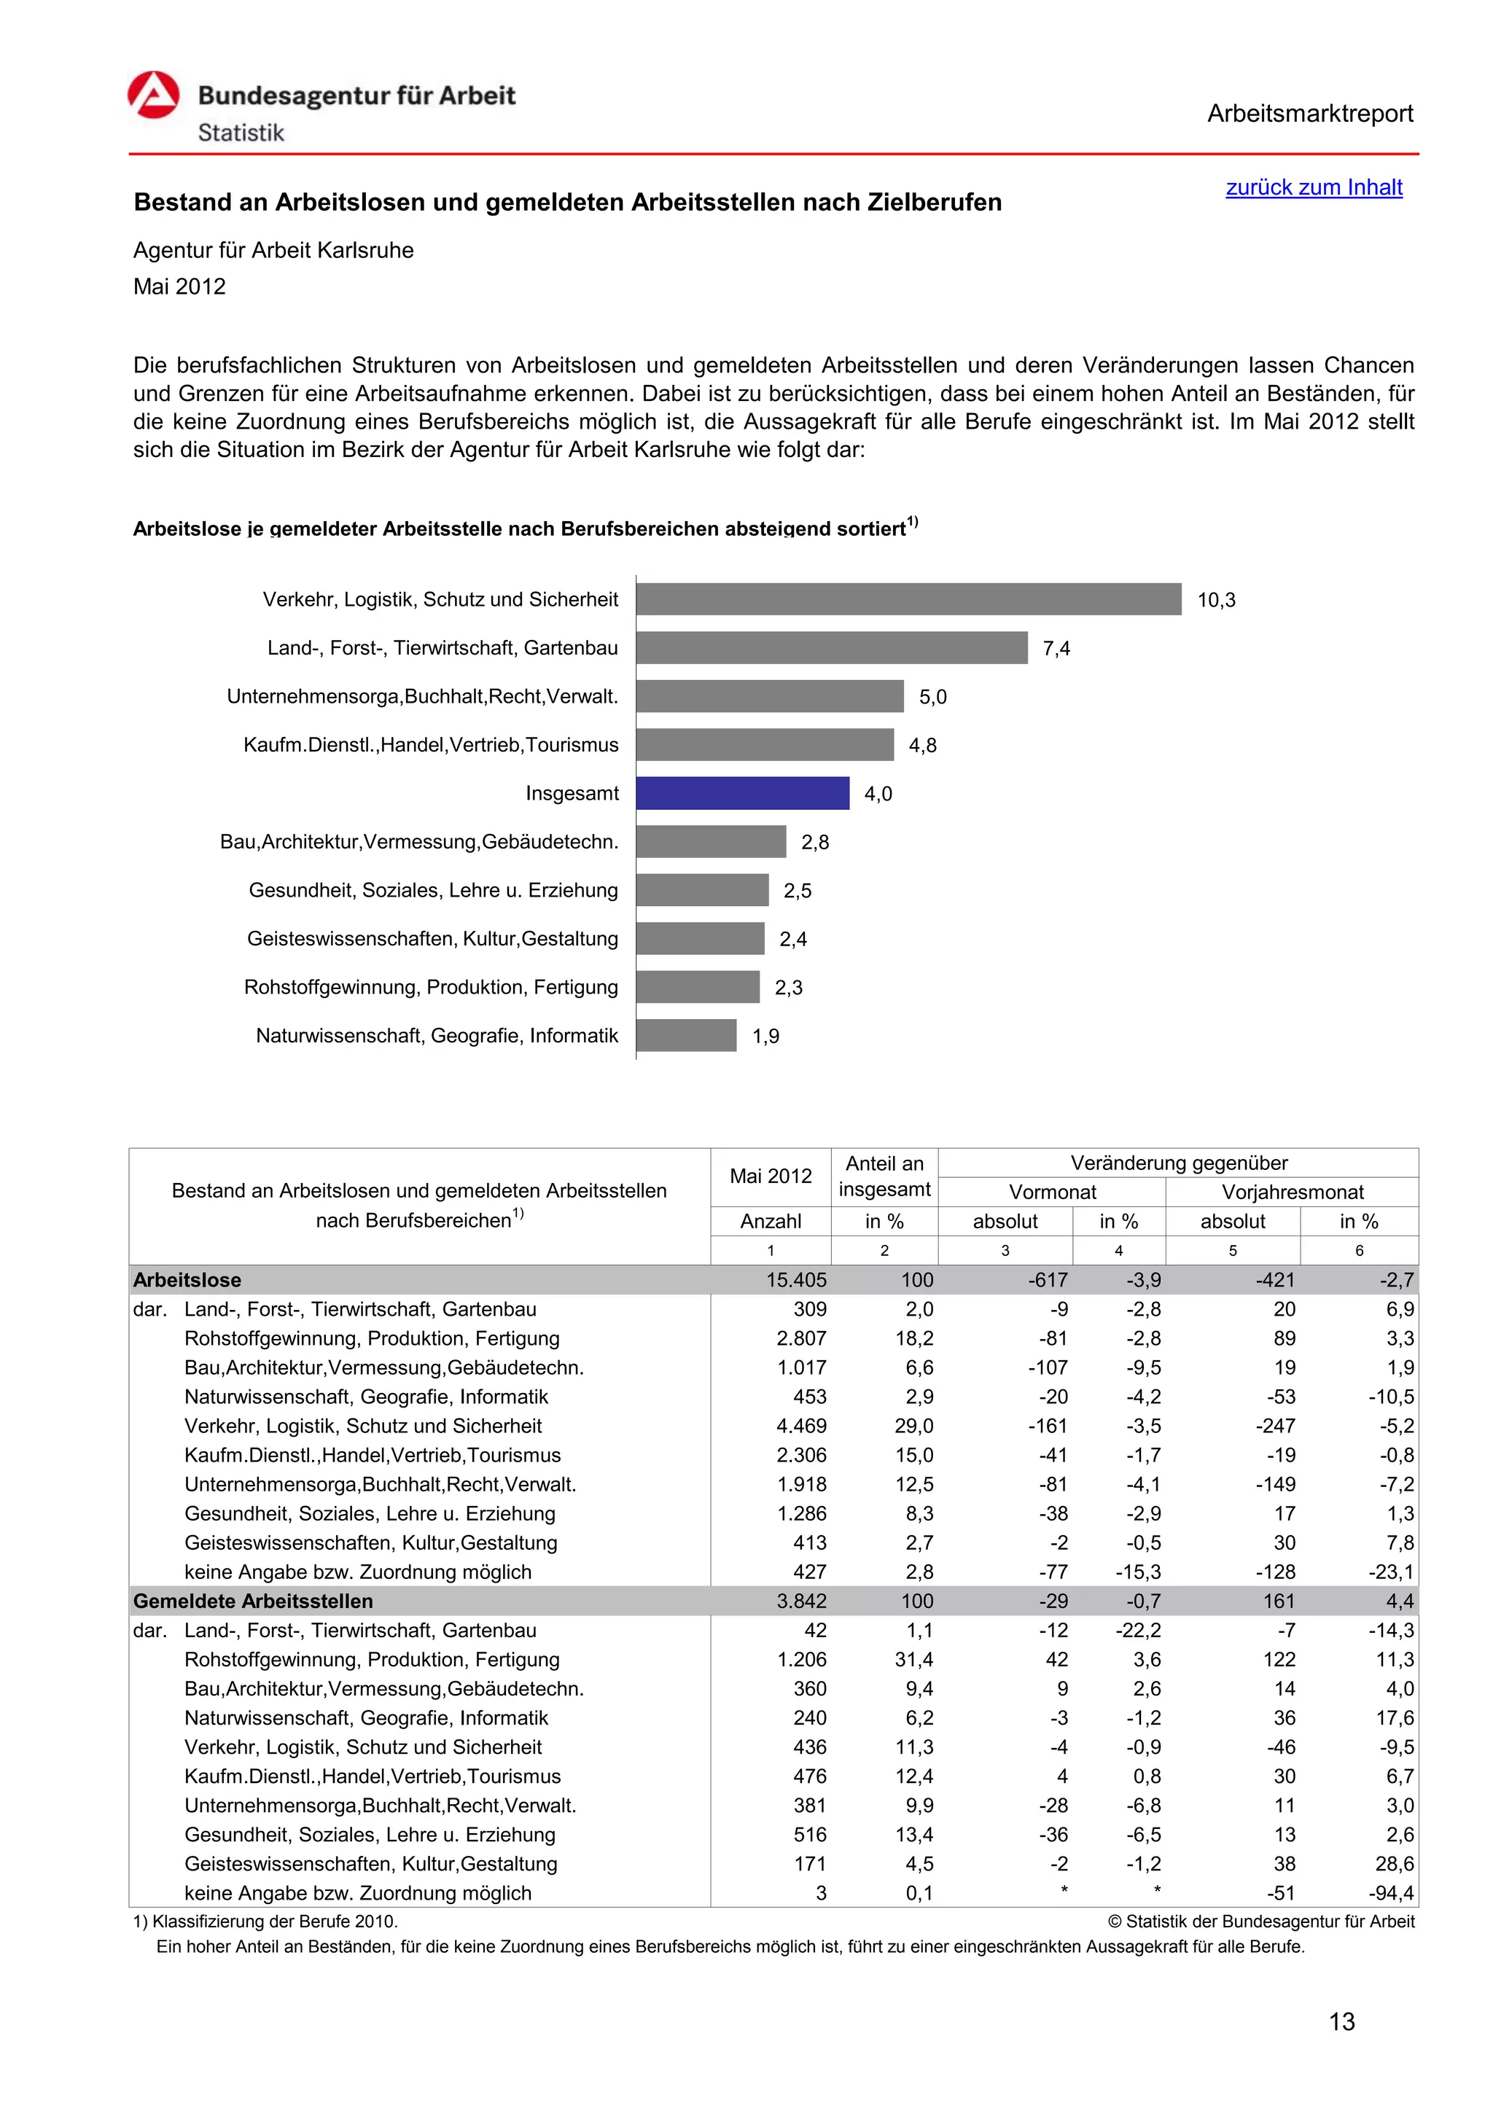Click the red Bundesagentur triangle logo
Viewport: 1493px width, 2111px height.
pos(154,95)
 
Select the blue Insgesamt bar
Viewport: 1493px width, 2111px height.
pos(742,794)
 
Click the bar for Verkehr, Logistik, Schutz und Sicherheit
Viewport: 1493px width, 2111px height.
pos(908,599)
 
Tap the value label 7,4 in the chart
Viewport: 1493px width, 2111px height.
pos(1056,648)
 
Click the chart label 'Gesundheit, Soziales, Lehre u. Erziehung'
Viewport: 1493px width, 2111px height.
pos(433,890)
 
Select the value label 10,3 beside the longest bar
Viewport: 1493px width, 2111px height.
pos(1215,601)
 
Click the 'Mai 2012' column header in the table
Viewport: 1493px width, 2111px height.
pos(770,1176)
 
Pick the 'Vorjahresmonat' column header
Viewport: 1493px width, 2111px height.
pos(1292,1193)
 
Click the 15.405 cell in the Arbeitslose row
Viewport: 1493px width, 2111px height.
pos(796,1280)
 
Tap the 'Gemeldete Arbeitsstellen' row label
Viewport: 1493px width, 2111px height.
pos(253,1601)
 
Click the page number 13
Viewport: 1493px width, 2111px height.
pos(1341,2022)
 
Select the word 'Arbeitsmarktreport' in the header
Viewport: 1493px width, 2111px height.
pos(1309,114)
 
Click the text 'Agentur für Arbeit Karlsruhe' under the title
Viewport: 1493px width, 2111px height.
pos(273,250)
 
